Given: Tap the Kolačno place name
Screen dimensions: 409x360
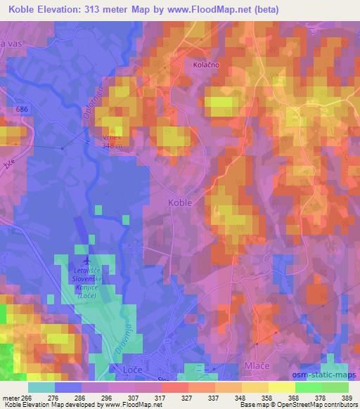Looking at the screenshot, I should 206,64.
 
